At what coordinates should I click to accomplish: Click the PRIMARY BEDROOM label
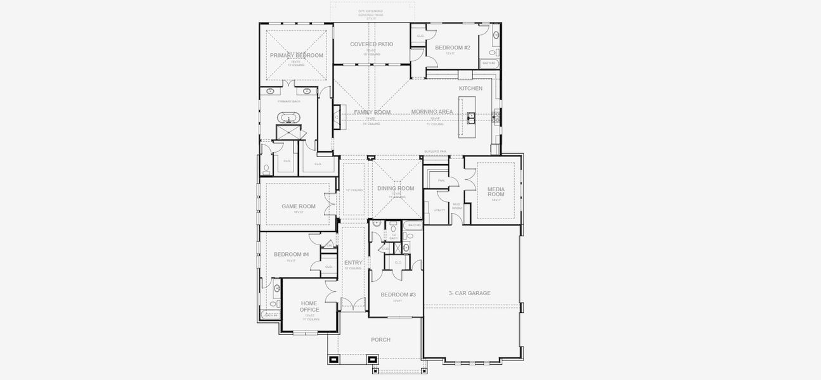click(296, 56)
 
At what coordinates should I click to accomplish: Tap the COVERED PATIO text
click(372, 44)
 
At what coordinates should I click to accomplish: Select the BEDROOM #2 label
click(453, 47)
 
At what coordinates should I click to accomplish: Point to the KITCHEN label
click(470, 89)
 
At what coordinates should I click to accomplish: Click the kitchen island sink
click(471, 117)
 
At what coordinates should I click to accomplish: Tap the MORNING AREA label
click(432, 112)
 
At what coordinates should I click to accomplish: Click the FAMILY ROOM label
click(372, 112)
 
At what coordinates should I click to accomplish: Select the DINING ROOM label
click(396, 188)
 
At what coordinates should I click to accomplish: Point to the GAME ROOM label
click(298, 206)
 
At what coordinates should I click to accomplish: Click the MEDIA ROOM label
click(496, 192)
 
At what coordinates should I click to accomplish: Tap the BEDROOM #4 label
click(291, 255)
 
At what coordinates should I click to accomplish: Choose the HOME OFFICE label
click(309, 307)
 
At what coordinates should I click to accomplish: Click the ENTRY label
click(353, 263)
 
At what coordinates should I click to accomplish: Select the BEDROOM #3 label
click(398, 294)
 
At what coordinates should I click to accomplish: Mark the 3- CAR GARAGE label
click(469, 293)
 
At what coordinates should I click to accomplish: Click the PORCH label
click(380, 340)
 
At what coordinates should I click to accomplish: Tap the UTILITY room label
click(439, 210)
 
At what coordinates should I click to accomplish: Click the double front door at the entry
click(354, 305)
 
